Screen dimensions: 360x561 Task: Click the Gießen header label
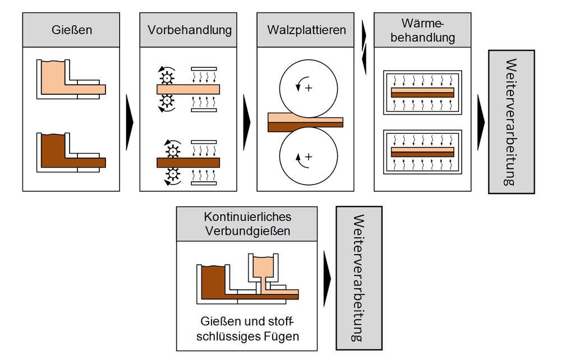(x=71, y=30)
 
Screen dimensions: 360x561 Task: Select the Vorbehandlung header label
(x=190, y=30)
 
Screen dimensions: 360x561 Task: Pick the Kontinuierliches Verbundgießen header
(x=247, y=223)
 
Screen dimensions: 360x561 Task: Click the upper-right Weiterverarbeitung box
(x=511, y=122)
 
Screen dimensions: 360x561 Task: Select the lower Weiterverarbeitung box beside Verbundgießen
(x=358, y=278)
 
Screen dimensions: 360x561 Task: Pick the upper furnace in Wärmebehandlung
(x=422, y=93)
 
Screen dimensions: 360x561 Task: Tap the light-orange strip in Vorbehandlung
(x=188, y=89)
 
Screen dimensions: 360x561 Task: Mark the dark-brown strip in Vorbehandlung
(x=188, y=163)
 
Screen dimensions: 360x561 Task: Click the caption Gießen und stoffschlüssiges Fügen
(x=247, y=329)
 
